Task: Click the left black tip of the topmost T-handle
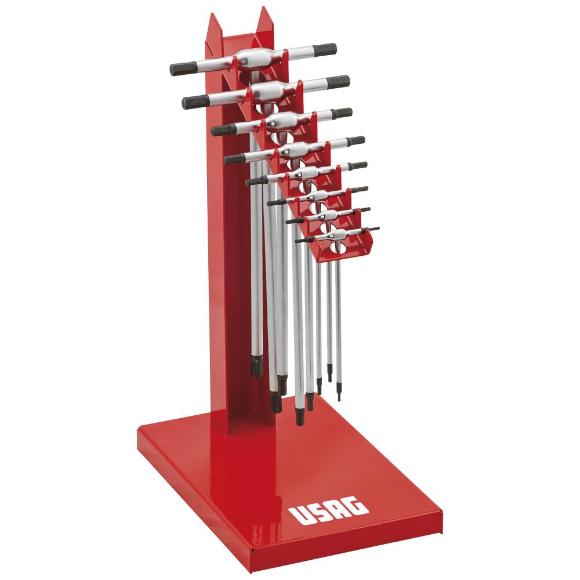181,69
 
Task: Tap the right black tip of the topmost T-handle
327,49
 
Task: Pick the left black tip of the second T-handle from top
194,101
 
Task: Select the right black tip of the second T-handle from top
339,81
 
